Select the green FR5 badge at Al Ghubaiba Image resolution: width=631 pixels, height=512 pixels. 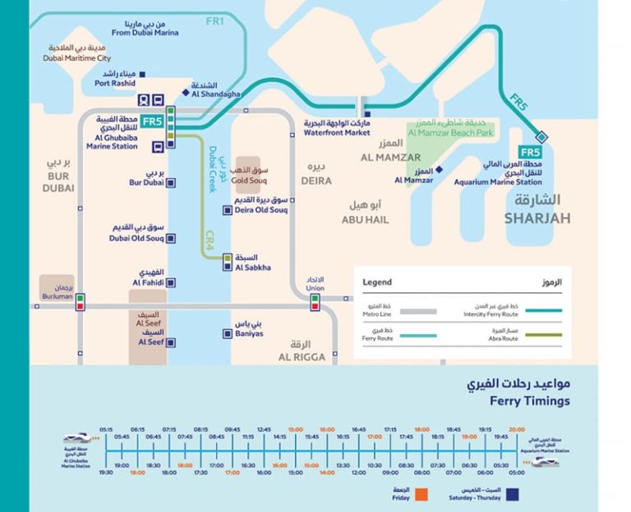(152, 121)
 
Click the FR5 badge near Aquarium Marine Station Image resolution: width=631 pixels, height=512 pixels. (531, 152)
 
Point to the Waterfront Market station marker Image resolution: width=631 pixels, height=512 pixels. (367, 114)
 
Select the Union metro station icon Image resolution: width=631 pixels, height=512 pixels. (315, 302)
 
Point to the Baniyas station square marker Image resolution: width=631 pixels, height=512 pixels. (227, 333)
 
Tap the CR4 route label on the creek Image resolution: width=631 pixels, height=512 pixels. (210, 240)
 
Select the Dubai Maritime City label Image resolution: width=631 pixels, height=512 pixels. (76, 53)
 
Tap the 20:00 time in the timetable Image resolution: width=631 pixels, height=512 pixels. (516, 429)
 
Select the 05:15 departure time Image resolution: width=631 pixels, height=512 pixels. (106, 429)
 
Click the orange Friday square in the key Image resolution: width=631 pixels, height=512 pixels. (421, 494)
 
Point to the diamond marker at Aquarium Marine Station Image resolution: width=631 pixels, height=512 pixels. (541, 137)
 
